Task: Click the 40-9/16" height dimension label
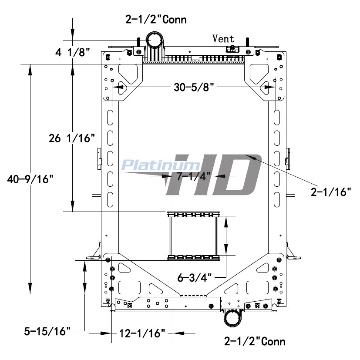pyautogui.click(x=30, y=179)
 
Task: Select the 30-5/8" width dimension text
pyautogui.click(x=194, y=87)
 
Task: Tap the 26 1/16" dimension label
pyautogui.click(x=72, y=138)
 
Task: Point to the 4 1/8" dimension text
pyautogui.click(x=72, y=52)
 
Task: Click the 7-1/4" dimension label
pyautogui.click(x=193, y=177)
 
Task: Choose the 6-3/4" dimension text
pyautogui.click(x=194, y=278)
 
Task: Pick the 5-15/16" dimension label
pyautogui.click(x=47, y=331)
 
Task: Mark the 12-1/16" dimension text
pyautogui.click(x=142, y=333)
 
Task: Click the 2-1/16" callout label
pyautogui.click(x=331, y=192)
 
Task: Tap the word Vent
pyautogui.click(x=223, y=39)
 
